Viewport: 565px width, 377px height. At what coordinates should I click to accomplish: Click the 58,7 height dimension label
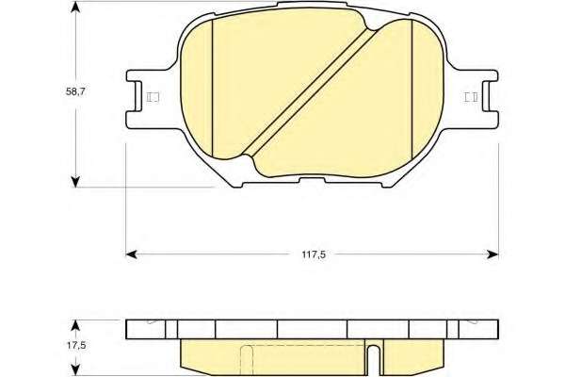click(75, 91)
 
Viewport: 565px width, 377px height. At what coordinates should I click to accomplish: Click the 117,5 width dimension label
click(314, 254)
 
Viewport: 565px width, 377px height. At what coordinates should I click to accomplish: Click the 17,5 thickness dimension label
click(76, 345)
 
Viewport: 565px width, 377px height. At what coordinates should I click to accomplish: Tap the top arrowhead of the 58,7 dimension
click(75, 7)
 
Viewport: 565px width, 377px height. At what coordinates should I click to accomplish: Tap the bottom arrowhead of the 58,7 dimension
click(75, 182)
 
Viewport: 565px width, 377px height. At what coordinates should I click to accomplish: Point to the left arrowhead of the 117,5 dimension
click(131, 254)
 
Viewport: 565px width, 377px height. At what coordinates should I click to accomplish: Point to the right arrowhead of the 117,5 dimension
click(492, 254)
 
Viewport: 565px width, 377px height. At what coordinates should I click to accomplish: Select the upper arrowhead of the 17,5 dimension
click(75, 325)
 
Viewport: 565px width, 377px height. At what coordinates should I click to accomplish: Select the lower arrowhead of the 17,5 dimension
click(75, 370)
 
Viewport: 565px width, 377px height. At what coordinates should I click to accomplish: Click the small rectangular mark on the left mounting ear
click(153, 97)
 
